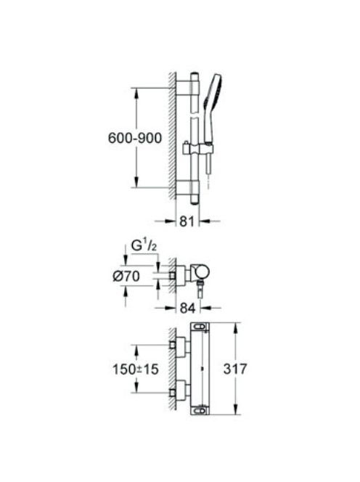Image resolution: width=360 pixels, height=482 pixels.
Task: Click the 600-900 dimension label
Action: click(135, 138)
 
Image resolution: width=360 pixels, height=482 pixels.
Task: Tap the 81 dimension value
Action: click(187, 221)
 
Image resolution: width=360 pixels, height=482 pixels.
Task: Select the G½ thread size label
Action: click(144, 246)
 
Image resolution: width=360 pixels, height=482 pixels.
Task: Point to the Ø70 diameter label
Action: click(126, 276)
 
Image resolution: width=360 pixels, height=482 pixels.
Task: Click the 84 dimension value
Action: click(187, 308)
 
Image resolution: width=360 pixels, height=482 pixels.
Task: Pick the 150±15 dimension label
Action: click(136, 369)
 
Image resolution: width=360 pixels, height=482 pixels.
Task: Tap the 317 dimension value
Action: click(235, 369)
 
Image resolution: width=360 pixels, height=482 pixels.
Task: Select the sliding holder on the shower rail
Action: click(197, 149)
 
